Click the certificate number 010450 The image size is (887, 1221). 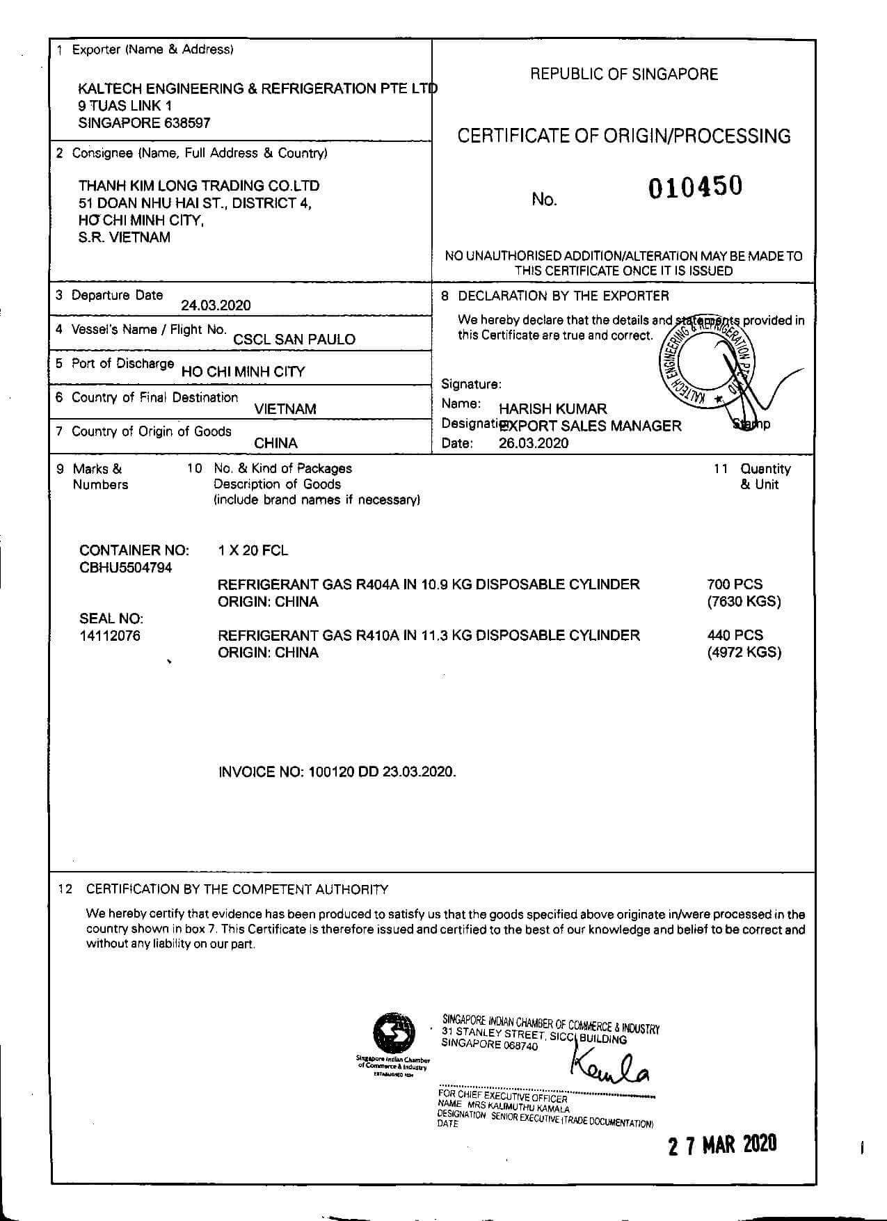coord(695,187)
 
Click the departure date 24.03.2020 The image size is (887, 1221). coord(216,305)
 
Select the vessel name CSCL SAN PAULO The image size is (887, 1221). coord(294,340)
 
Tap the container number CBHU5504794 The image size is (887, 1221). coord(126,568)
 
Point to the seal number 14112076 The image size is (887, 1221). coord(110,635)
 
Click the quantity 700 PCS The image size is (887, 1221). coord(735,584)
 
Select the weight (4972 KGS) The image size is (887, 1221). coord(744,653)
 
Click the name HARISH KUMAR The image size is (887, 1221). coord(552,408)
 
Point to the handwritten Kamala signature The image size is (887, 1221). coord(609,1067)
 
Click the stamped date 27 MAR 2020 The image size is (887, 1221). coord(722,1145)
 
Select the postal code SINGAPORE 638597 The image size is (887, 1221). coord(144,123)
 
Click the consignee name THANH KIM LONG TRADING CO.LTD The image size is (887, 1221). coord(199,186)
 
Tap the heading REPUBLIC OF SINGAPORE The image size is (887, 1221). coord(624,74)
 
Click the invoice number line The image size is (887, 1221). coord(337,772)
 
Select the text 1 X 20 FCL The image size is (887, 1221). coord(253,551)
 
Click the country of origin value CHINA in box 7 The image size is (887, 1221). coord(275,443)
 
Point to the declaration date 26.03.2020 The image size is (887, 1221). coord(533,444)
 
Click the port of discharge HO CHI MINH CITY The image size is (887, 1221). coord(243,372)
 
